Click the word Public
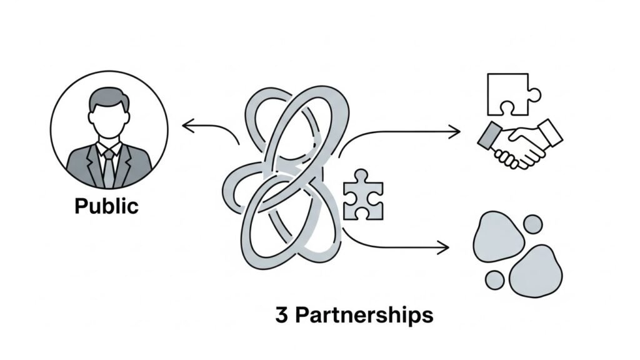[106, 206]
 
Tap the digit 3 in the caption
[282, 315]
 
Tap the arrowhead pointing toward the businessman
[187, 127]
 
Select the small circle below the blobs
[495, 279]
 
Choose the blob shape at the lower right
[536, 271]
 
